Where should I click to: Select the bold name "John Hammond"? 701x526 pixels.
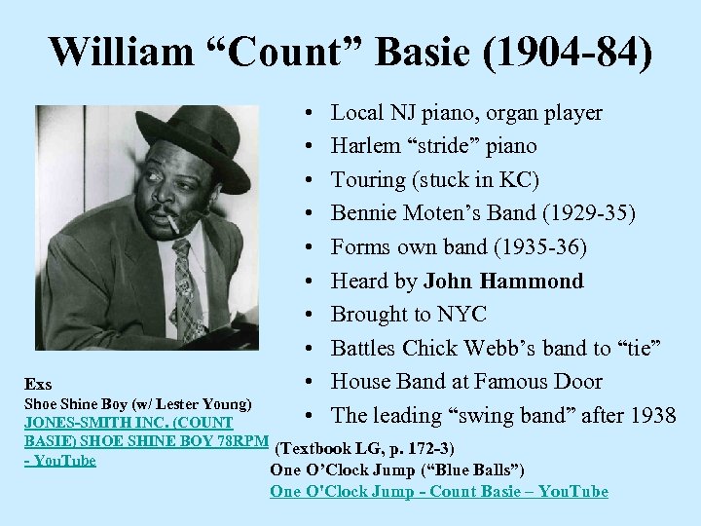point(503,282)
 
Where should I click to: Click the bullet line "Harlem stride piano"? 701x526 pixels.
point(434,146)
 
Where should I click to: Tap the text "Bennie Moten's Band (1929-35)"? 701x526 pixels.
point(458,213)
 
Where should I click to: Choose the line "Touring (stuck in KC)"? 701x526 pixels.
point(435,180)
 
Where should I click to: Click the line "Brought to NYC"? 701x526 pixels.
point(409,315)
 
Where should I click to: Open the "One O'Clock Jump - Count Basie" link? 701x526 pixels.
point(438,491)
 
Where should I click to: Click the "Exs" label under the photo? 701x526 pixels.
point(40,384)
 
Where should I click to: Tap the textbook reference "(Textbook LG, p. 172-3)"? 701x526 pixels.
point(364,449)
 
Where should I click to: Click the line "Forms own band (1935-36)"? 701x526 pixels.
point(459,247)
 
